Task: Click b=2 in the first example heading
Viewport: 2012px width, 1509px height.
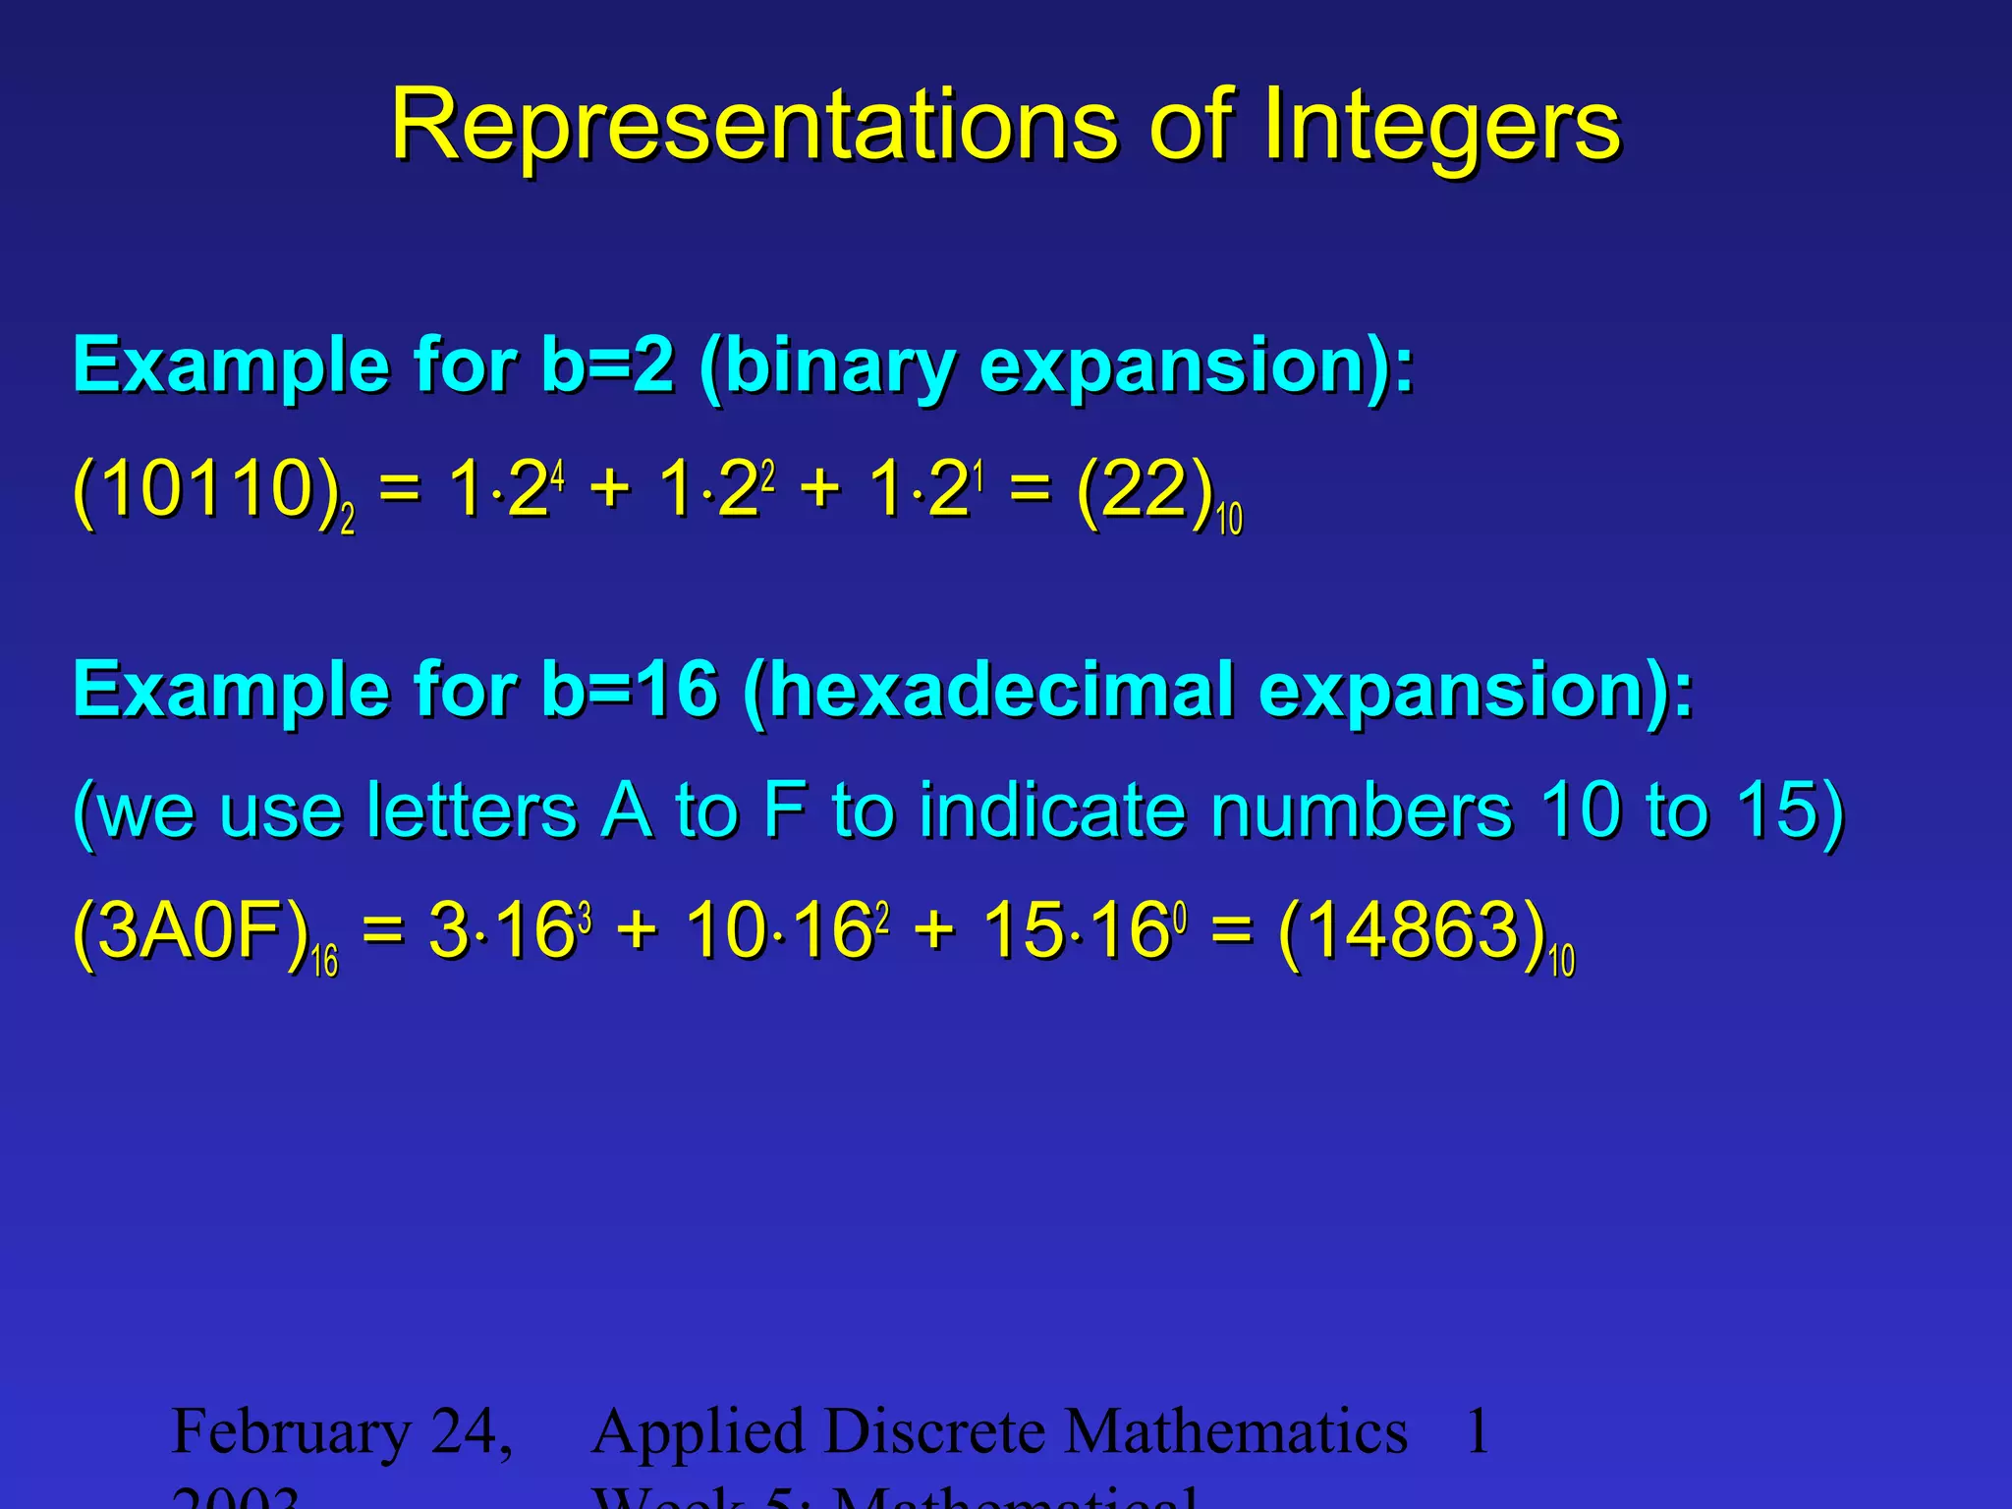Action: pos(607,365)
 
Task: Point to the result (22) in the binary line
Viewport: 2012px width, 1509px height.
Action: pos(1144,490)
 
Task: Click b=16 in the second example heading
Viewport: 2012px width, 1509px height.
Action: pos(629,691)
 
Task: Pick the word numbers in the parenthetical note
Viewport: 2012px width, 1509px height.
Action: pos(1360,811)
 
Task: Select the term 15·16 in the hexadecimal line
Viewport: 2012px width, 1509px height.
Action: pos(1077,931)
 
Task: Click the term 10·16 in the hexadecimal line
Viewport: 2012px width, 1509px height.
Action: pos(780,931)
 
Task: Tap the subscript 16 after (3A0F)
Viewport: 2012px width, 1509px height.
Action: pos(324,961)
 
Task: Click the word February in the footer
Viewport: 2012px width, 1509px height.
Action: pos(291,1432)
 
